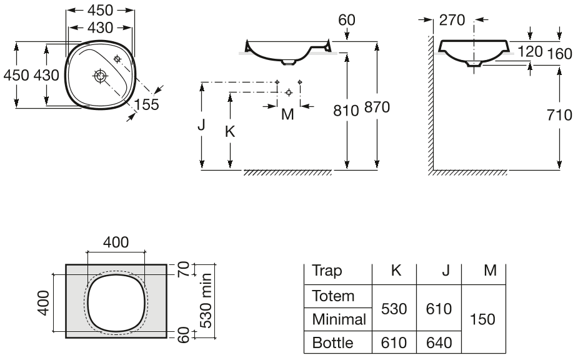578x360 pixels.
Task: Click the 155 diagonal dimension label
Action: pyautogui.click(x=146, y=104)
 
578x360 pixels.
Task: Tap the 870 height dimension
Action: pyautogui.click(x=377, y=107)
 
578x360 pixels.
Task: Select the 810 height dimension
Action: pyautogui.click(x=346, y=110)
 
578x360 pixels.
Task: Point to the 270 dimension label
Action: pyautogui.click(x=452, y=20)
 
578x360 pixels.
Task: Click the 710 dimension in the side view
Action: pyautogui.click(x=560, y=115)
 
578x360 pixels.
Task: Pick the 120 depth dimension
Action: pyautogui.click(x=530, y=51)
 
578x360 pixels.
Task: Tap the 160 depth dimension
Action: pyautogui.click(x=560, y=54)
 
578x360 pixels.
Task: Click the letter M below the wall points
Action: pyautogui.click(x=287, y=114)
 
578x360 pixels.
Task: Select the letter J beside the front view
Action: pyautogui.click(x=201, y=124)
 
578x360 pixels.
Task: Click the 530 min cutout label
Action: pyautogui.click(x=206, y=301)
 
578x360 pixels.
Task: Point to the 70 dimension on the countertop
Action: pyautogui.click(x=183, y=269)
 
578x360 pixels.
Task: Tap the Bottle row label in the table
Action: pyautogui.click(x=332, y=342)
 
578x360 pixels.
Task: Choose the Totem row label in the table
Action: pyautogui.click(x=333, y=296)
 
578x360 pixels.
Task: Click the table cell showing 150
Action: pyautogui.click(x=482, y=319)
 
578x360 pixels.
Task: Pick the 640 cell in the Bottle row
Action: pyautogui.click(x=439, y=342)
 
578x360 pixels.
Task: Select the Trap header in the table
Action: pyautogui.click(x=327, y=271)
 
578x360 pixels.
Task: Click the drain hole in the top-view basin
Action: pyautogui.click(x=99, y=76)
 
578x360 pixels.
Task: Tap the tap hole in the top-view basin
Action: pyautogui.click(x=117, y=59)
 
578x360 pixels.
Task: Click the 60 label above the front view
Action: pyautogui.click(x=347, y=20)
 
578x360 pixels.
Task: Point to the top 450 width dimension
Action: pyautogui.click(x=100, y=11)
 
